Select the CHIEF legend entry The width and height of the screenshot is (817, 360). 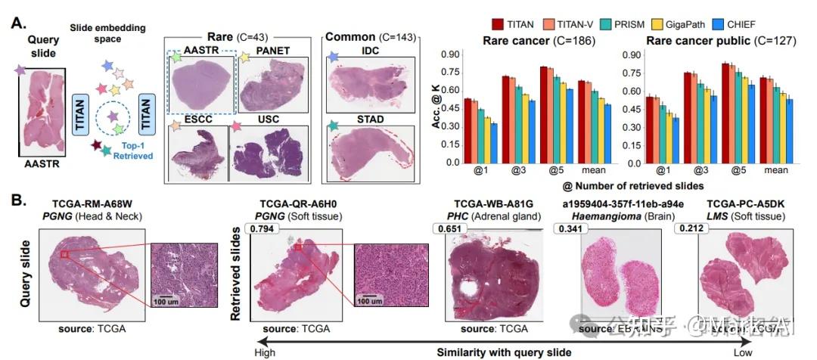(x=757, y=25)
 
